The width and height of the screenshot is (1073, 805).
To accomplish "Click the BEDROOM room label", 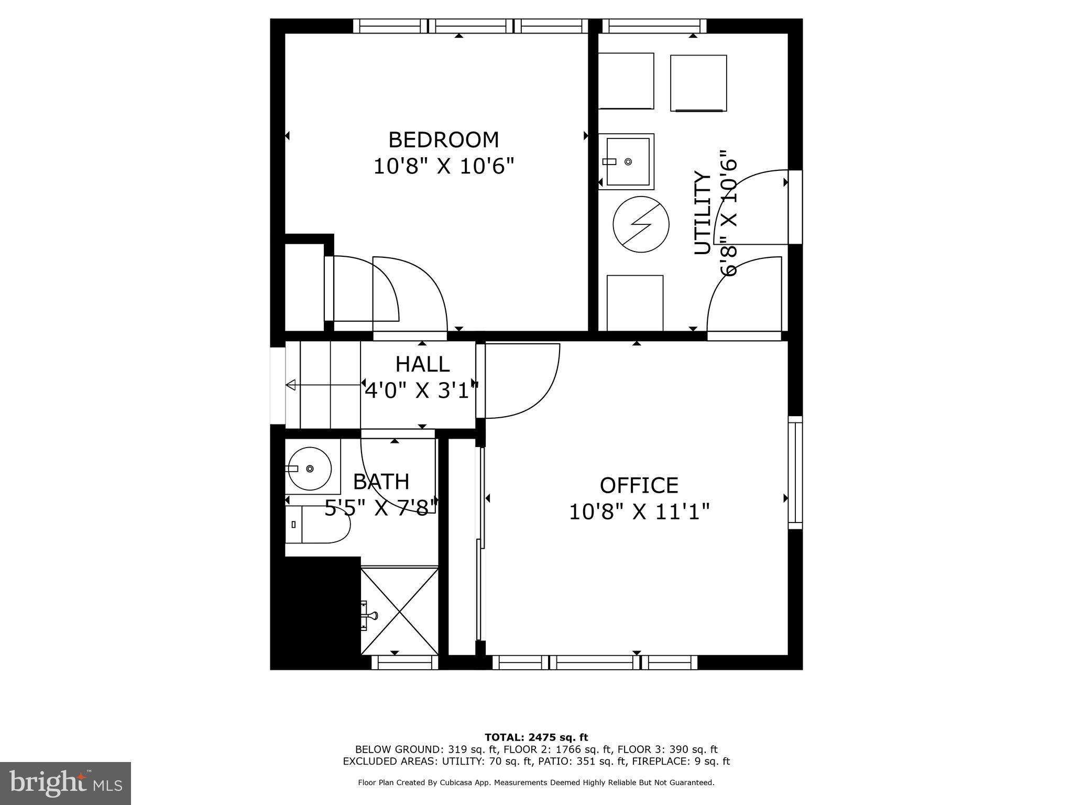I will point(443,140).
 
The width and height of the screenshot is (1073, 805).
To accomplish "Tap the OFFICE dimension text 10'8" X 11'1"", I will point(639,512).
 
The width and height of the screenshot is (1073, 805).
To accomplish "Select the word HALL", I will point(422,364).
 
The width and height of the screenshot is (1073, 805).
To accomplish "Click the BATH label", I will point(381,482).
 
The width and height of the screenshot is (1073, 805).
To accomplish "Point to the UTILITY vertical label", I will point(703,212).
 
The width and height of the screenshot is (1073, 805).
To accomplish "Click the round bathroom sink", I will point(310,468).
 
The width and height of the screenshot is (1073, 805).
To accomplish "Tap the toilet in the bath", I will point(317,524).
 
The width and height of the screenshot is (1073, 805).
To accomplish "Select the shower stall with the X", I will point(400,611).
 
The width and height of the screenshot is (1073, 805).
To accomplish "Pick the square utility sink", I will point(628,161).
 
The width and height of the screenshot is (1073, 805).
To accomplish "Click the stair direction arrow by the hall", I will point(291,385).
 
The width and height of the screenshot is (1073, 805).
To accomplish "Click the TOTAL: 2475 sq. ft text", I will point(536,737).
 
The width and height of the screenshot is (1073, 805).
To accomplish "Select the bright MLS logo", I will point(65,784).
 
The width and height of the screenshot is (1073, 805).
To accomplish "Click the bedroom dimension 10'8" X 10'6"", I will point(443,167).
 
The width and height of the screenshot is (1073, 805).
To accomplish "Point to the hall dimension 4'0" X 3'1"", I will point(421,390).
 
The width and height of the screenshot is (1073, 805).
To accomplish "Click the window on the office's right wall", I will point(795,472).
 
